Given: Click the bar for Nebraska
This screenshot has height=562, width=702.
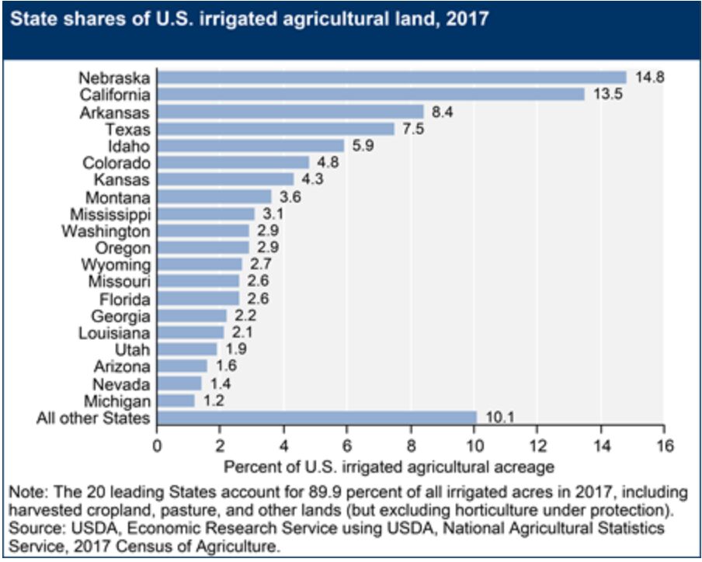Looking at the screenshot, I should point(392,78).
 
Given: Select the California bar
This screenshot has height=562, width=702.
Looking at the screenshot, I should point(371,95).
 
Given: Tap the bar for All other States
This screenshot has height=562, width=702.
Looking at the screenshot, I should point(317,418).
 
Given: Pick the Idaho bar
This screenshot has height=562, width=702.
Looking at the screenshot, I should point(251,146).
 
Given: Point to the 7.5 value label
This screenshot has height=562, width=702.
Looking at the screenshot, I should point(412,129).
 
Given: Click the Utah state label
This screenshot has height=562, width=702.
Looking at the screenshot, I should point(137,349).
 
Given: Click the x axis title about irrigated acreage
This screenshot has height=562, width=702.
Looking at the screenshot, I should point(388,467).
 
